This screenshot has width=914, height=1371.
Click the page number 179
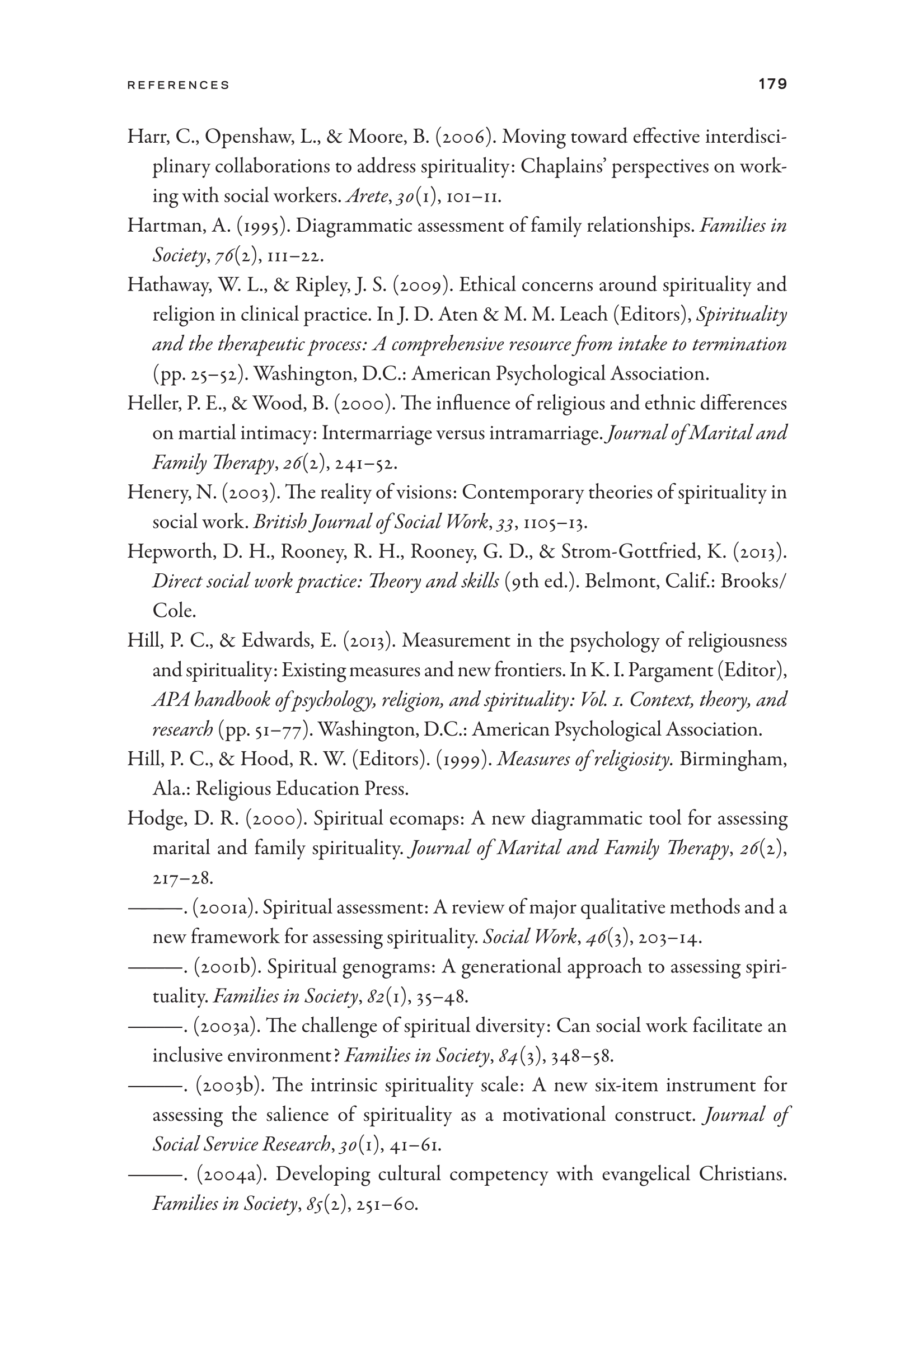point(772,84)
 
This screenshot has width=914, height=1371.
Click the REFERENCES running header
point(179,85)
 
